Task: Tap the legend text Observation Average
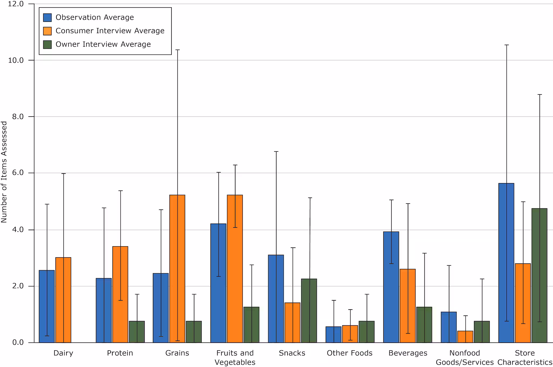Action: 95,18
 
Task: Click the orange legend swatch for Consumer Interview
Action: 47,31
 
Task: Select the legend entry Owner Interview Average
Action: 103,45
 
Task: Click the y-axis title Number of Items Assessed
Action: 4,172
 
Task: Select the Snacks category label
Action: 292,353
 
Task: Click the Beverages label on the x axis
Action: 408,353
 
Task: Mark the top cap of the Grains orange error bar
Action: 177,50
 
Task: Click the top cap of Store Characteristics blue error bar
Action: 507,45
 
